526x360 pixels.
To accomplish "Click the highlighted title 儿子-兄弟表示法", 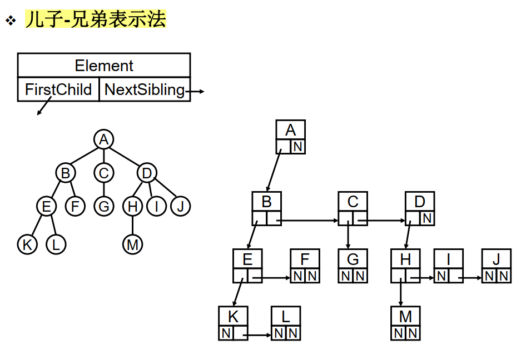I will click(x=96, y=20).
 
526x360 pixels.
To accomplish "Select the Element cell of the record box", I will click(x=104, y=66).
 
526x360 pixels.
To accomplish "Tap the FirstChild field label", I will click(x=58, y=89).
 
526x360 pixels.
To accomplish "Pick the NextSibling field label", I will click(x=145, y=89).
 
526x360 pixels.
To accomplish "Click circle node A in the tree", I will click(x=103, y=139).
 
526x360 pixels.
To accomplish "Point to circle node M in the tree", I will click(x=132, y=244).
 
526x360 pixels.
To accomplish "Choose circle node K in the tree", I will click(x=27, y=244).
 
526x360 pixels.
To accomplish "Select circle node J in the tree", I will click(x=180, y=207).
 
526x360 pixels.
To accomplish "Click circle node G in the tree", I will click(x=103, y=207).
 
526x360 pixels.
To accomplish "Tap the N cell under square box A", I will click(x=298, y=147).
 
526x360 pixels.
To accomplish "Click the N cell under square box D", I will click(x=427, y=218).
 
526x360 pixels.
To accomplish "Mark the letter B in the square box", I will click(x=266, y=202).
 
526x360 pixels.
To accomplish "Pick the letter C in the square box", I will click(x=353, y=202).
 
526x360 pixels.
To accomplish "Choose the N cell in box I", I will click(x=441, y=276).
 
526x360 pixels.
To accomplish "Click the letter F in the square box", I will click(x=305, y=259).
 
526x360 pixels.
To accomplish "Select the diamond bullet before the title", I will click(x=10, y=21).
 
